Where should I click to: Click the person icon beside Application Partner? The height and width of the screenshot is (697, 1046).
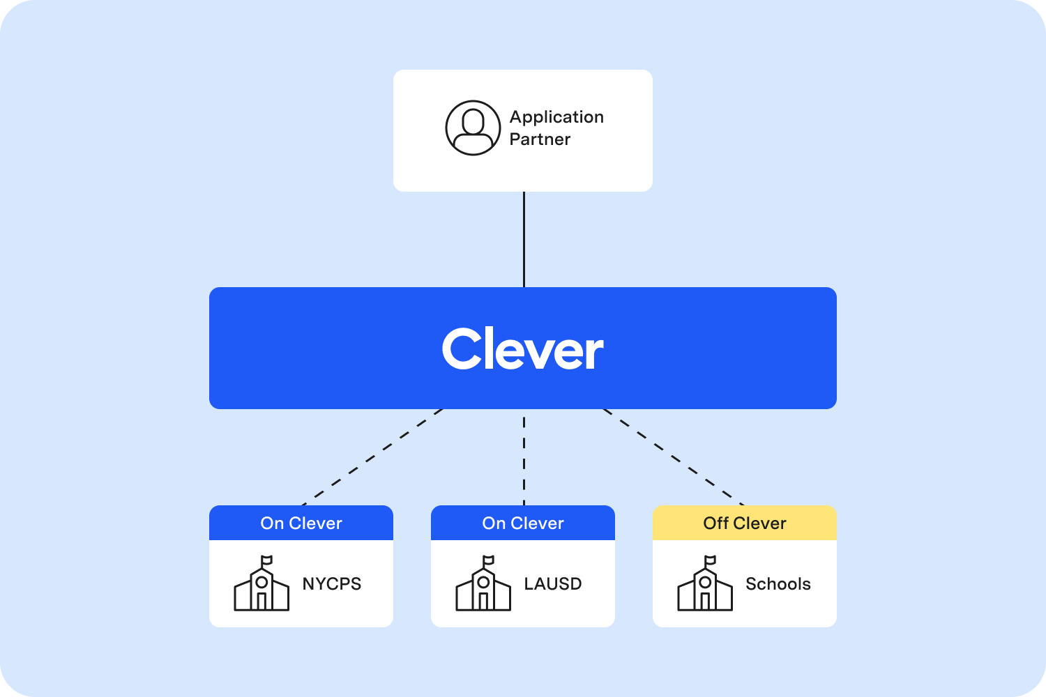coord(473,128)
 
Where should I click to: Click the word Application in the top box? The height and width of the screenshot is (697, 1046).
coord(556,117)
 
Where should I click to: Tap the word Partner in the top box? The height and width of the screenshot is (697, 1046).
coord(540,139)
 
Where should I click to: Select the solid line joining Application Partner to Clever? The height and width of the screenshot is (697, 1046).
coord(524,239)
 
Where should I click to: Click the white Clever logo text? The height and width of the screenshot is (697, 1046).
coord(523,349)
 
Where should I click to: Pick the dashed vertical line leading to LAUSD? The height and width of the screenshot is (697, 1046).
coord(524,457)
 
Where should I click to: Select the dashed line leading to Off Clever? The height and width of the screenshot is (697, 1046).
coord(674,457)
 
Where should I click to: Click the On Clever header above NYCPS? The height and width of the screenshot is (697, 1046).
coord(301,523)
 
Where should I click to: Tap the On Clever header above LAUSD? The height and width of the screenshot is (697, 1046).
coord(523,523)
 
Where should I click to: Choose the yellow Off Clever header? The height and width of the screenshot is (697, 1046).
coord(744,523)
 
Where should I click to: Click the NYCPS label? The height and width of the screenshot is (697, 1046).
coord(332,584)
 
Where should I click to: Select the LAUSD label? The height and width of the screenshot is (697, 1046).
coord(553,584)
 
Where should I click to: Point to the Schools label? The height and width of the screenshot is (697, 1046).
coord(778,584)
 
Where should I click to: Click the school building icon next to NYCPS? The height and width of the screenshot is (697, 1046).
coord(261,588)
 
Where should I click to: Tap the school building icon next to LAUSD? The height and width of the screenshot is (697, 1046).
coord(483,588)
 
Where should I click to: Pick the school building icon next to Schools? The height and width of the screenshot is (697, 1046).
coord(705,588)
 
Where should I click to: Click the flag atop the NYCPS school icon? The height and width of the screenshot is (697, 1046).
coord(267,560)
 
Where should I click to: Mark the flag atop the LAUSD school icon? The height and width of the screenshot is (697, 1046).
coord(489,560)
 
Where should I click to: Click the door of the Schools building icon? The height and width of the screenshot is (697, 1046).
coord(705,602)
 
